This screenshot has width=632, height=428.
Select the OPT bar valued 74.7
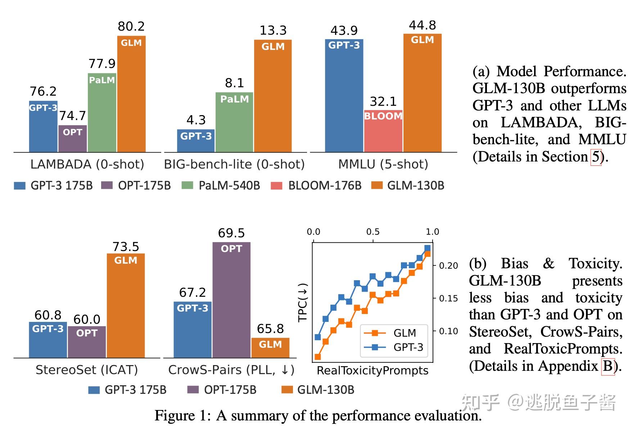[73, 139]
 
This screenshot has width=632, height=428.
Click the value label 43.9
[344, 31]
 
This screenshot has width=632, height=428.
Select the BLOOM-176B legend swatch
[276, 186]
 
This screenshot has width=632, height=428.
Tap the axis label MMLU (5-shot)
[383, 164]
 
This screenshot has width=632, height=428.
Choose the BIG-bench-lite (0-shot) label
[234, 164]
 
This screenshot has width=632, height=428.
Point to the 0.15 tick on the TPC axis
[448, 299]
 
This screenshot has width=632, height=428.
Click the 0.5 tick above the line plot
[373, 232]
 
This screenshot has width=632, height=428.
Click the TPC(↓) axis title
[303, 302]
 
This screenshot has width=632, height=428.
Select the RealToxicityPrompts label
[373, 370]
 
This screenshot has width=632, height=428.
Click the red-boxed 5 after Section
[596, 157]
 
